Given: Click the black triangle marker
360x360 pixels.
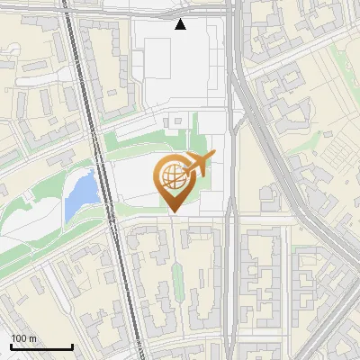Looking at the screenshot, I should [181, 24].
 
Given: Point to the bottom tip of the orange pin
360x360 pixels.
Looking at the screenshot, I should [172, 213].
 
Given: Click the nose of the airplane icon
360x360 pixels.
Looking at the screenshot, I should [213, 157].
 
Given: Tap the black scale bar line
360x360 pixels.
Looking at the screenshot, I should [41, 346].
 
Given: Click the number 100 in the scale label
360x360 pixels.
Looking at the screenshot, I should [18, 338].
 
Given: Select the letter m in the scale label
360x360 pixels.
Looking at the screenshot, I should [31, 338].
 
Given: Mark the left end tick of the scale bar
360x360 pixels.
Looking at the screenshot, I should [11, 345].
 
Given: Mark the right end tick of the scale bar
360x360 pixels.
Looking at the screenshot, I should [72, 345].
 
